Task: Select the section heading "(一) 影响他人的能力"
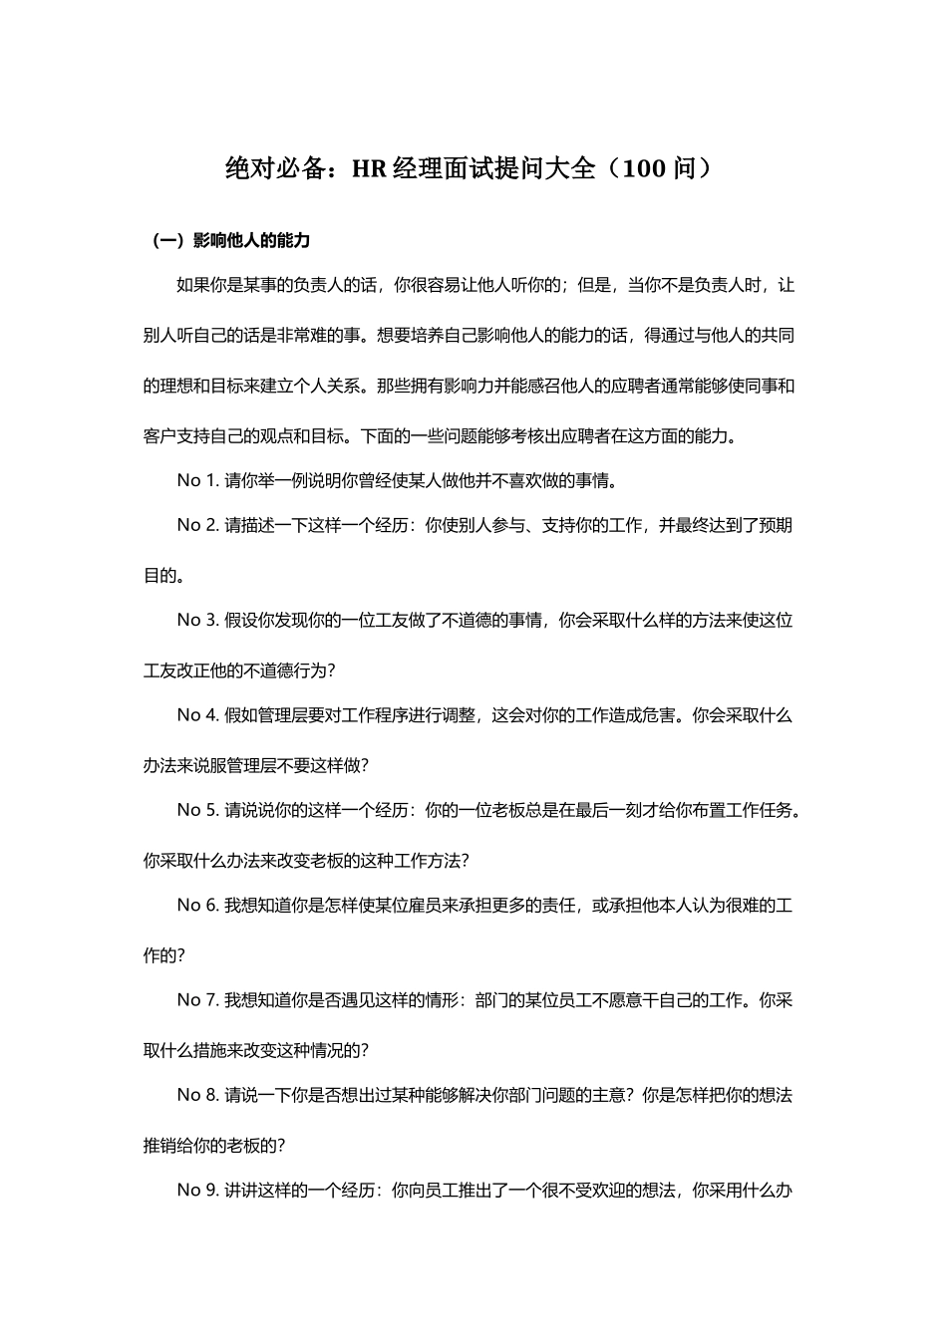click(x=230, y=240)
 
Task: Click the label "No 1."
click(x=197, y=480)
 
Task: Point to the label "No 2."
click(x=197, y=525)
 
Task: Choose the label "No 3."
click(x=197, y=620)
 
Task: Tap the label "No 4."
click(x=197, y=715)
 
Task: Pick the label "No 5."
click(x=197, y=810)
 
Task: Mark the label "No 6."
click(x=197, y=905)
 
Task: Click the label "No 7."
click(x=197, y=999)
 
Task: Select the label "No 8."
click(x=197, y=1095)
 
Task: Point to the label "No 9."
click(x=197, y=1190)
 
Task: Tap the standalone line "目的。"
click(x=163, y=576)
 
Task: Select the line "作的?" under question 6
click(x=164, y=955)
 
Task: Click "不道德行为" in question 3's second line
click(x=286, y=670)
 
